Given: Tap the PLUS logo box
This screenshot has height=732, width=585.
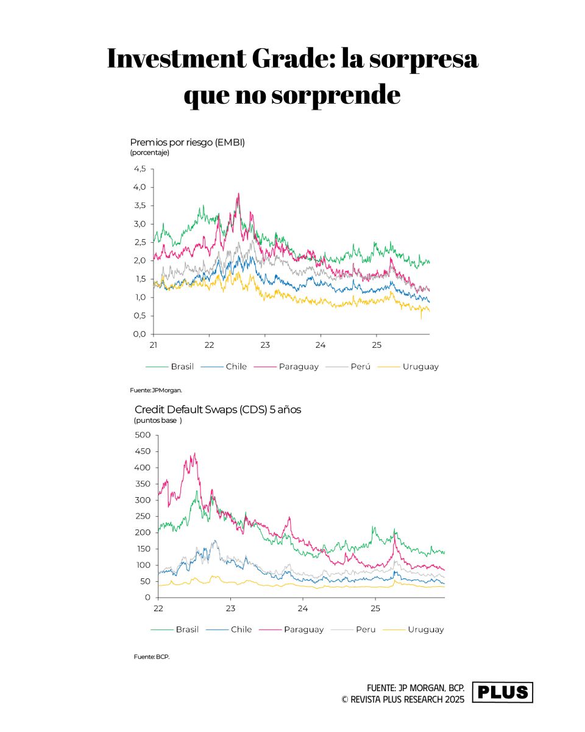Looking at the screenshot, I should coord(503,692).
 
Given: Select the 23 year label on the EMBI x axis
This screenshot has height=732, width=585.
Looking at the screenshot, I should coord(265,345).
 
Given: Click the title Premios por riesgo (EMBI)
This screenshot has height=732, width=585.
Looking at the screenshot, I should coord(188,142).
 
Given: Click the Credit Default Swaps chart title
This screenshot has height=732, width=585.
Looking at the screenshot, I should coord(218,409).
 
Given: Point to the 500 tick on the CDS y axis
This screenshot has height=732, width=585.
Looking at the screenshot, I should coord(143,435).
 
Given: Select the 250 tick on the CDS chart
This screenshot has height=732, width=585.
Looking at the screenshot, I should coord(143,516).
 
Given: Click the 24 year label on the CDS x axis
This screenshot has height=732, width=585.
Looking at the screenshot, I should coord(303,608).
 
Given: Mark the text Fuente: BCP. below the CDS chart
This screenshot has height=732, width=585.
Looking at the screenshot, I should coord(151,656).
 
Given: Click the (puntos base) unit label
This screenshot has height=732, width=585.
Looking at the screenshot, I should coord(158,420).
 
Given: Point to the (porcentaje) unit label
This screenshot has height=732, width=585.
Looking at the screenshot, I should coord(150,152).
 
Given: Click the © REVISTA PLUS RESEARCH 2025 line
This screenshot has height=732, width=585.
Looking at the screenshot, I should coord(403,699).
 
